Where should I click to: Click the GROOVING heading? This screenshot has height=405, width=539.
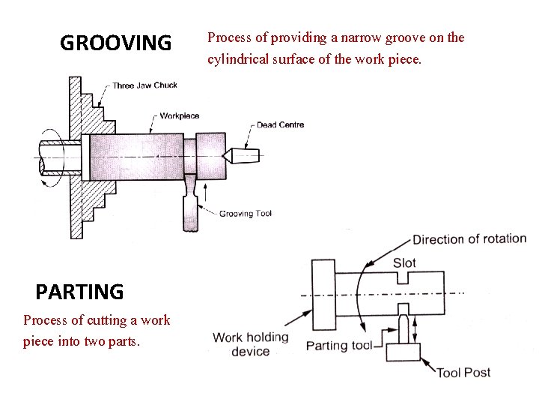[x=115, y=43]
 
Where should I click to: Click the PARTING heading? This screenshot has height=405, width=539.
[x=79, y=291]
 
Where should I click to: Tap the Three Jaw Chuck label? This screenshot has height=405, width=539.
[x=145, y=85]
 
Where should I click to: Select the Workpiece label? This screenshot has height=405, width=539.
[x=180, y=115]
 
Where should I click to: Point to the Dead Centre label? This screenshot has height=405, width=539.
[x=280, y=124]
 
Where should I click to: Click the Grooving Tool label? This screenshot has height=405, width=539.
[x=246, y=214]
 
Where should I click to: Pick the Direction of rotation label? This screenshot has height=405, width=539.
[x=469, y=239]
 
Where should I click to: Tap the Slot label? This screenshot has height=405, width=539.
[x=404, y=262]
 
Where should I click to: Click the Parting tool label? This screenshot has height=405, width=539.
[x=339, y=346]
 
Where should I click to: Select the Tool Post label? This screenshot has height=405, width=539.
[x=463, y=372]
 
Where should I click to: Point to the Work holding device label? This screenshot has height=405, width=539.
[x=250, y=344]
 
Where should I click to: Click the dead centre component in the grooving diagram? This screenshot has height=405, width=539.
[x=244, y=155]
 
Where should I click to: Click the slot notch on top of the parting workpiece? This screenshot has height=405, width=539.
[x=404, y=278]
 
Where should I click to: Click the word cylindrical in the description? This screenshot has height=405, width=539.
[x=238, y=58]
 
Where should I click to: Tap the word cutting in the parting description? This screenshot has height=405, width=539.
[x=107, y=320]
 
